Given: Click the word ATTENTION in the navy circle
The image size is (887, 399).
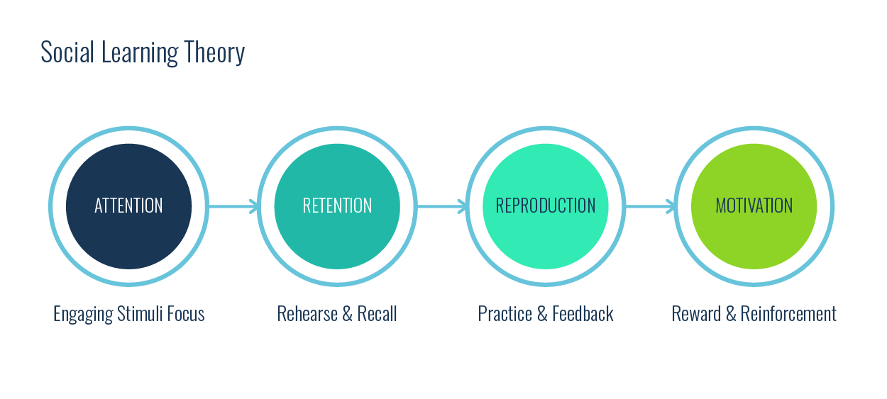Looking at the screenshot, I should point(128,206).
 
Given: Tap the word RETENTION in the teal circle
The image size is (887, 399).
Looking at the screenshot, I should point(337,206).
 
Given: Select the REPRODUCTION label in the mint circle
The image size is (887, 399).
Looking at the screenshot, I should point(545,206).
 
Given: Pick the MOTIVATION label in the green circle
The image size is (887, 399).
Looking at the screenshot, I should point(754,206).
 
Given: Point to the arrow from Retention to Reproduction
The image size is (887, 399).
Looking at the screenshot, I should point(441,206).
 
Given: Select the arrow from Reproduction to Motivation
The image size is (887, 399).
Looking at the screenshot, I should point(650,206).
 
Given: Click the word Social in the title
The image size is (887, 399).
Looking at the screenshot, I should point(66,52).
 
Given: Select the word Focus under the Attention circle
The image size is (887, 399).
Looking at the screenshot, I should point(186,313).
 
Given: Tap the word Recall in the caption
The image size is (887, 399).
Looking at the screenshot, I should point(377,313).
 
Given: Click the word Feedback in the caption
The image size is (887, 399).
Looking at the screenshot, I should point(584,313).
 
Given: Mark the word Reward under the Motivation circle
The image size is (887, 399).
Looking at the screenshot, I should point(695,313).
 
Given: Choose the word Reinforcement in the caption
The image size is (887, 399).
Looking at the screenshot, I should point(788,313).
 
